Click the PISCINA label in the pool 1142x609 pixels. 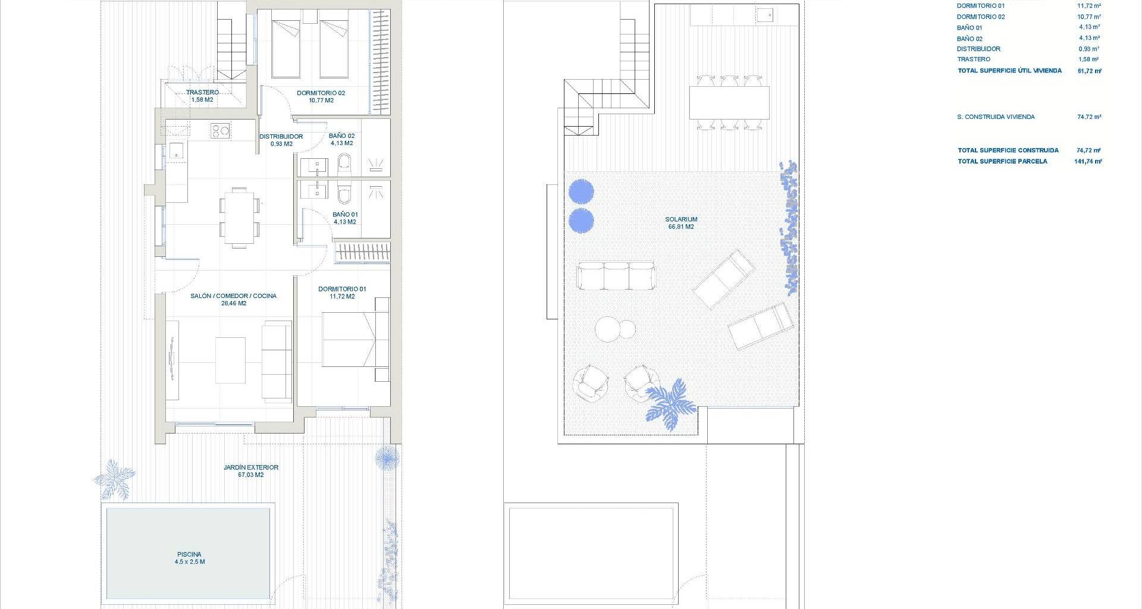[x=189, y=554]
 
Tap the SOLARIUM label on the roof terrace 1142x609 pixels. [x=681, y=219]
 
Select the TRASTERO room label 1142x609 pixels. [x=202, y=92]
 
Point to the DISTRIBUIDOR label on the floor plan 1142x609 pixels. [x=281, y=136]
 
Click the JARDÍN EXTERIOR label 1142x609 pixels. [x=251, y=467]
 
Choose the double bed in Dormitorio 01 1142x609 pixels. [x=356, y=340]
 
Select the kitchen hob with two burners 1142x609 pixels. [x=220, y=130]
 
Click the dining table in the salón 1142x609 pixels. [x=240, y=216]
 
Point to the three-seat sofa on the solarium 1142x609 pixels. [x=616, y=275]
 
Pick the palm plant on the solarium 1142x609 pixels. [x=669, y=403]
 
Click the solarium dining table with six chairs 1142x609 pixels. [x=729, y=102]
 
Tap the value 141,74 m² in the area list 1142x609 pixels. [x=1088, y=161]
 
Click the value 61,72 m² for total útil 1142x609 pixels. [x=1089, y=71]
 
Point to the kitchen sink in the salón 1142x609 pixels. [x=177, y=151]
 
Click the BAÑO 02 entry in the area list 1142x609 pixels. [x=970, y=39]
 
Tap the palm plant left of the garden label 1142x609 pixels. [x=115, y=478]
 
